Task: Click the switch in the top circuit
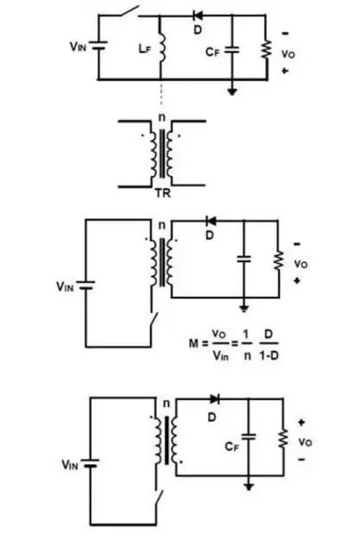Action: (129, 11)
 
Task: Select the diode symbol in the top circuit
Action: (198, 16)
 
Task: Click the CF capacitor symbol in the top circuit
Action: (232, 50)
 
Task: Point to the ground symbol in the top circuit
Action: (232, 91)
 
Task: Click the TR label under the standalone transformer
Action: (162, 193)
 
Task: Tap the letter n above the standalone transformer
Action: (162, 117)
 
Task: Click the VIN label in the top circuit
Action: (78, 46)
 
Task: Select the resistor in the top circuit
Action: (266, 49)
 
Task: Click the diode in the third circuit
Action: (211, 221)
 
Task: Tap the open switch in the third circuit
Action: (154, 320)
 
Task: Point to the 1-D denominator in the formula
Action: (268, 355)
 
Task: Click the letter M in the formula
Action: (193, 343)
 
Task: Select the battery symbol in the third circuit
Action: (85, 286)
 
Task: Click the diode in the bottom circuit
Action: (215, 399)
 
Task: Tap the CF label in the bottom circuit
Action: (232, 447)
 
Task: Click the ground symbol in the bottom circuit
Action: (249, 487)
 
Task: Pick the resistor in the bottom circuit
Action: (283, 438)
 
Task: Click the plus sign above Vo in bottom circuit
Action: (301, 423)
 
